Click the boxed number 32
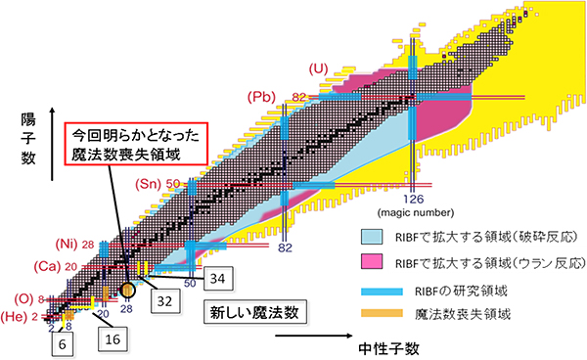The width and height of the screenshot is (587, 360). (x=164, y=299)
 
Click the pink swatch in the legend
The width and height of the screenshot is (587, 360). (x=375, y=265)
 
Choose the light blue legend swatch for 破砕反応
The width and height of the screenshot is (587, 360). (x=375, y=238)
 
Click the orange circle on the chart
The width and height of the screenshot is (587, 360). (x=129, y=290)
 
